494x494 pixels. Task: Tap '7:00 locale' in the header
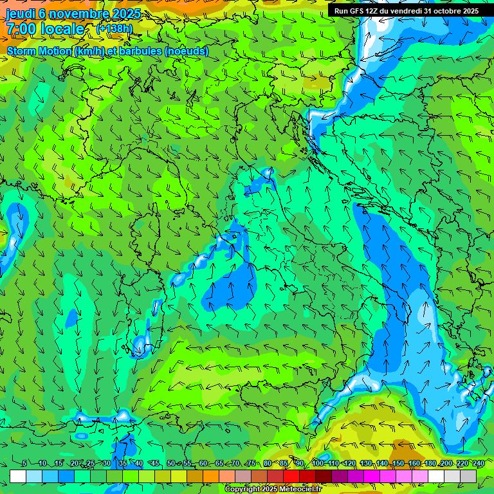pos(45,29)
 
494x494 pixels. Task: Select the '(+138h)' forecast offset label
pos(114,29)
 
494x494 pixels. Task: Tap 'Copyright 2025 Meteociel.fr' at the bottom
pos(273,489)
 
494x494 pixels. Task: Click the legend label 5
pos(24,464)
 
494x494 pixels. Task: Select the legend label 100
pos(317,464)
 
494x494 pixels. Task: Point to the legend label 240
pos(479,464)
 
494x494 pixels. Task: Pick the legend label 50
pos(170,464)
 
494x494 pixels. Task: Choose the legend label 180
pos(430,464)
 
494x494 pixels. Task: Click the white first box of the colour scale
pos(18,476)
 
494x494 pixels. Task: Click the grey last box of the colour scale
pos(468,476)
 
